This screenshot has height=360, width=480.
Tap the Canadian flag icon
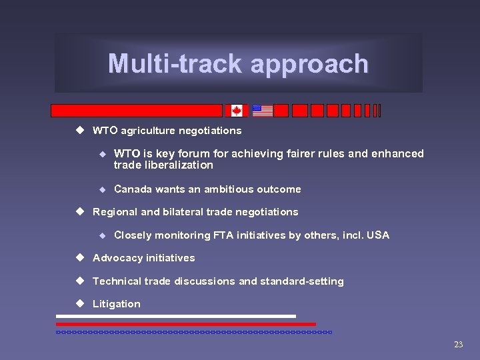tap(236, 111)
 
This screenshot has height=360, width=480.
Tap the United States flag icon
tap(263, 111)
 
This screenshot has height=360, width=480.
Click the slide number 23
tap(458, 345)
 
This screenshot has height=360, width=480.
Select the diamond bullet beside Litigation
tap(80, 303)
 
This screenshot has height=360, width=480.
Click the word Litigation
tap(117, 304)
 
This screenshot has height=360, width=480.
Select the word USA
tap(377, 235)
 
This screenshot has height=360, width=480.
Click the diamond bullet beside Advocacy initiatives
tap(80, 257)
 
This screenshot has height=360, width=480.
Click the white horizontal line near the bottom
tap(176, 316)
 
